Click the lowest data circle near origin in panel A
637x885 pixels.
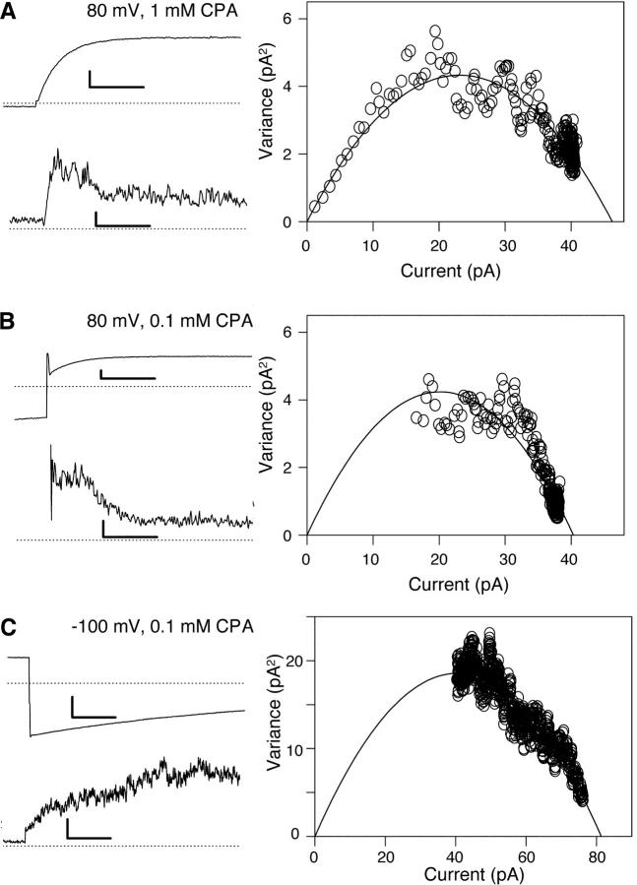pos(315,208)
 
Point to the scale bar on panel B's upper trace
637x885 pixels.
pos(126,375)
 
